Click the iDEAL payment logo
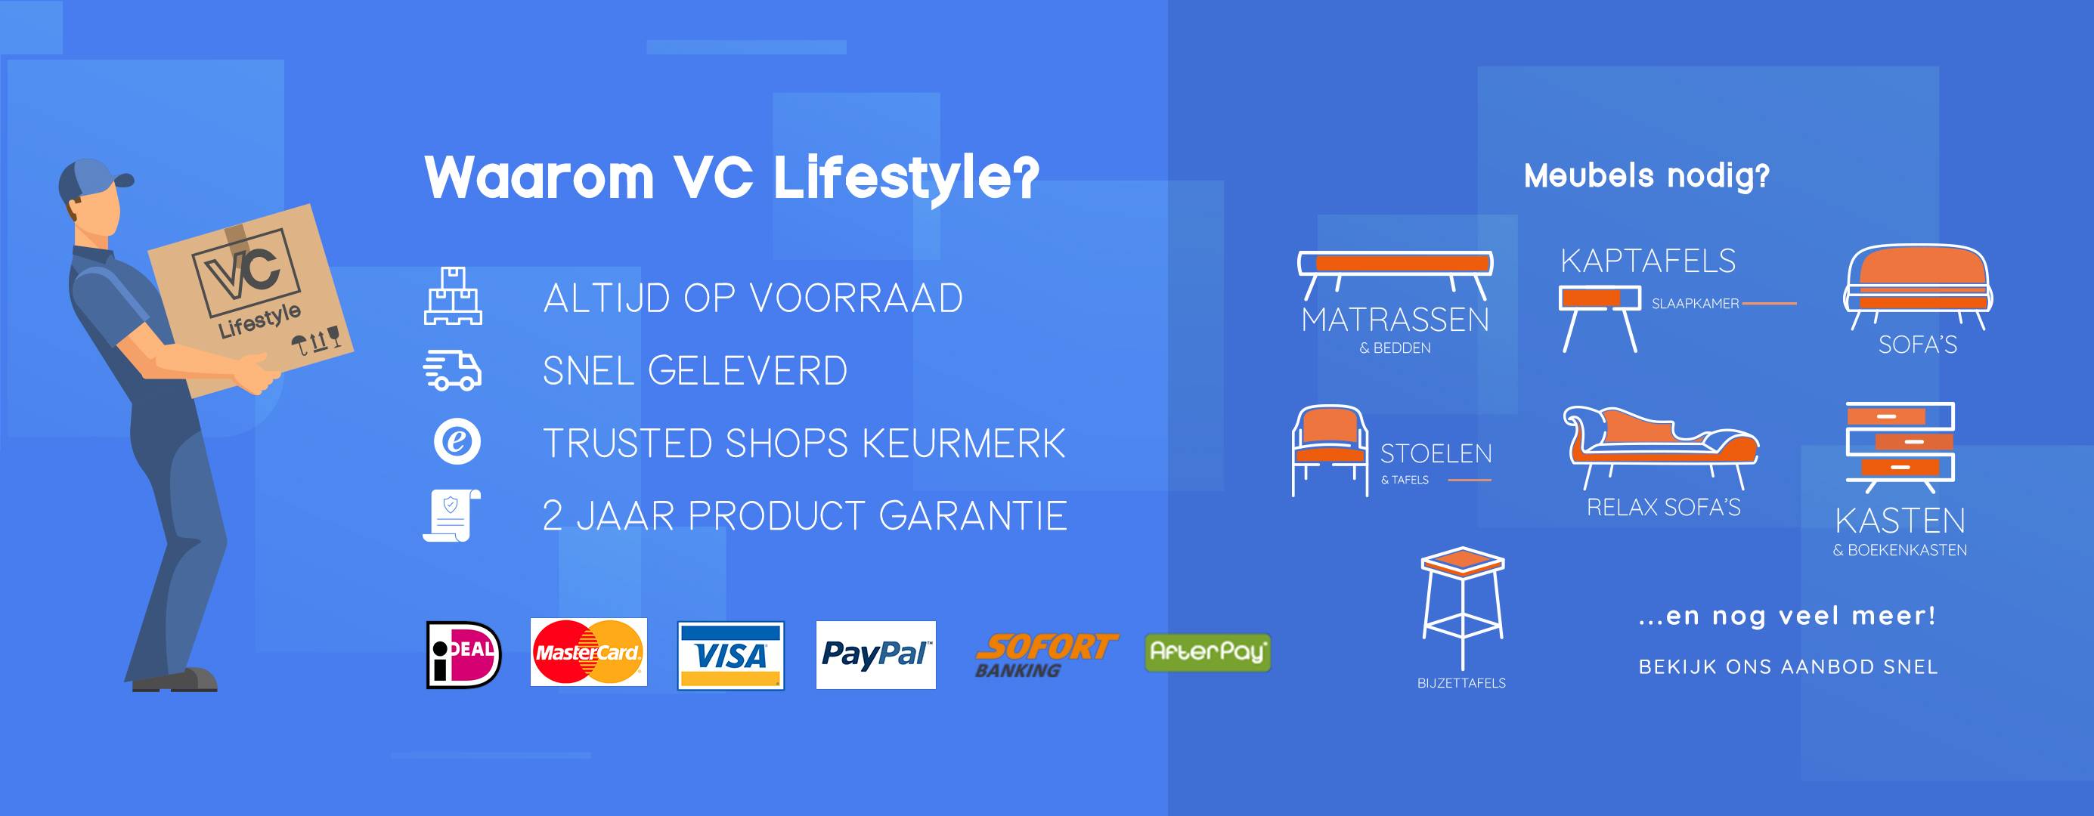(x=464, y=654)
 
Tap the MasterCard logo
(x=589, y=652)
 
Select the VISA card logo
(x=731, y=655)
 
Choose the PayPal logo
(x=875, y=655)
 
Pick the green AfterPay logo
(x=1208, y=653)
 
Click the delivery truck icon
(x=453, y=371)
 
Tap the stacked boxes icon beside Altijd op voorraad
(x=453, y=296)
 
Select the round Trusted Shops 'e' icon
(x=457, y=442)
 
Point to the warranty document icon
(x=452, y=515)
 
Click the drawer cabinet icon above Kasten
(x=1900, y=448)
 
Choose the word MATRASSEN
(x=1395, y=320)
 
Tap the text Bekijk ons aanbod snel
(x=1789, y=667)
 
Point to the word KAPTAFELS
(x=1648, y=261)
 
